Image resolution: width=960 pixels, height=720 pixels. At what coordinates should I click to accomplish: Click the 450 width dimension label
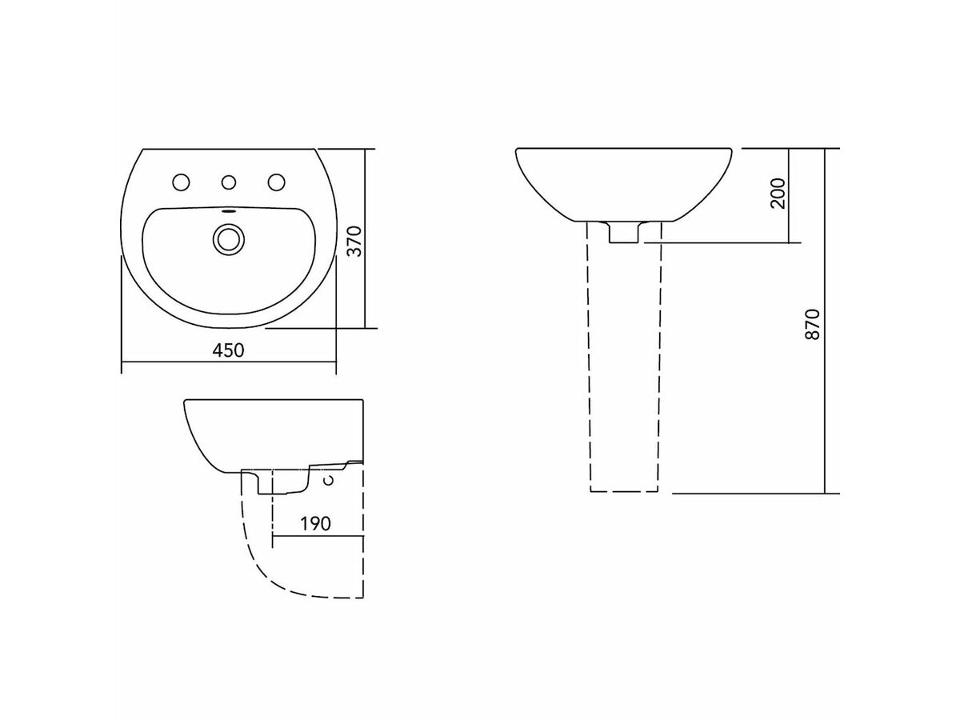pos(228,350)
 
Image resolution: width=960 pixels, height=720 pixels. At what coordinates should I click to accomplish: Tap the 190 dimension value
pos(316,524)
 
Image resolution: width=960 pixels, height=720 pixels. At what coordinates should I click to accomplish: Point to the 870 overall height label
pos(813,323)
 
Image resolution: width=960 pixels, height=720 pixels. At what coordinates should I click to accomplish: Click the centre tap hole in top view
pos(229,182)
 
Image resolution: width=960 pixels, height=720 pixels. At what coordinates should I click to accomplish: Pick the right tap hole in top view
pos(278,182)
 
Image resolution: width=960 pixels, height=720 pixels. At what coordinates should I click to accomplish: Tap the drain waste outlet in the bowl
pos(228,238)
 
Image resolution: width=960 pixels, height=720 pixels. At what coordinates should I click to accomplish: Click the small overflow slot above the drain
pos(228,213)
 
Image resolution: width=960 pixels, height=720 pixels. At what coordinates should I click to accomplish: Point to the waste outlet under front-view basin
pos(624,232)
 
